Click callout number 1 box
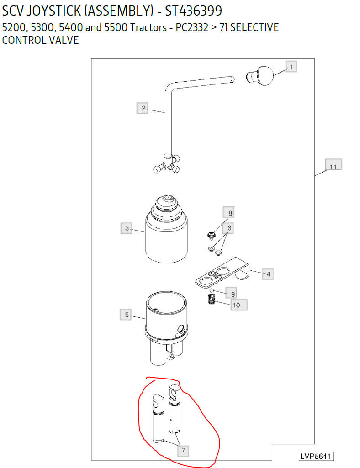(x=291, y=67)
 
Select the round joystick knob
(x=260, y=76)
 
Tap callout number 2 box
(x=142, y=108)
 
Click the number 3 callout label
(x=127, y=228)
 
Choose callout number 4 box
(x=268, y=274)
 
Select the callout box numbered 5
(x=126, y=315)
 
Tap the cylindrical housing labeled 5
(x=167, y=328)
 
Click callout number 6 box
(x=229, y=228)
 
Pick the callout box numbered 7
(x=183, y=450)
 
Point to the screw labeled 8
(x=212, y=236)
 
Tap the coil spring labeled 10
(x=212, y=299)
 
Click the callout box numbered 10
(x=238, y=305)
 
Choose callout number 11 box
(x=334, y=164)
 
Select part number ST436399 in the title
(x=194, y=11)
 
